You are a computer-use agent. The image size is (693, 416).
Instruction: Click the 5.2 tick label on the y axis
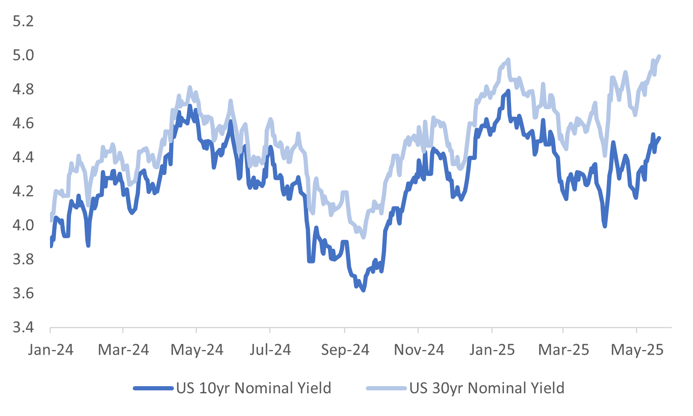coord(23,21)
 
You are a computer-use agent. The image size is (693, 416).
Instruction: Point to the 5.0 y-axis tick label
coord(23,55)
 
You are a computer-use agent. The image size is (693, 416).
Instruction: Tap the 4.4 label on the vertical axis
coord(23,157)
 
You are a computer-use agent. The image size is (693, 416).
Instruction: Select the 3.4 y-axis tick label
coord(23,327)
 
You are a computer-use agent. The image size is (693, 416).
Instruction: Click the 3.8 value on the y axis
coord(23,259)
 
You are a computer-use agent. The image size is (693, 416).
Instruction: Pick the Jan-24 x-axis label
coord(50,350)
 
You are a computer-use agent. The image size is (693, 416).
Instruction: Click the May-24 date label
coord(197,350)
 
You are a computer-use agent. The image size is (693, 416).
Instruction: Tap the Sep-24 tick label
coord(345,350)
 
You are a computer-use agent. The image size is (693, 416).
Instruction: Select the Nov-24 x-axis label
coord(419,350)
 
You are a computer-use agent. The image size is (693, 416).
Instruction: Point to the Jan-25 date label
coord(492,350)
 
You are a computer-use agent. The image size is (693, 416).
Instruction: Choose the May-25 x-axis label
coord(637,350)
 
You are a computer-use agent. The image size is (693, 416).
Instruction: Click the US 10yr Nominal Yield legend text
coord(254,388)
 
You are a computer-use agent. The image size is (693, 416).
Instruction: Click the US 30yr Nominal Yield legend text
coord(487,388)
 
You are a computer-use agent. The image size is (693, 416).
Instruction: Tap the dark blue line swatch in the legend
coord(153,388)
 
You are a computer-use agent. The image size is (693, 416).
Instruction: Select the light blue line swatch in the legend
coord(386,388)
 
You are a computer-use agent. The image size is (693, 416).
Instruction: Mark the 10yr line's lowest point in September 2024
coord(363,290)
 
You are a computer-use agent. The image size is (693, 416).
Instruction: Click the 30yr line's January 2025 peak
coord(508,60)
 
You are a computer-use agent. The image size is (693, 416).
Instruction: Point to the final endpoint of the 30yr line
coord(659,56)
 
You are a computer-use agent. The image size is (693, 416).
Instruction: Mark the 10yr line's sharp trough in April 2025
coord(605,226)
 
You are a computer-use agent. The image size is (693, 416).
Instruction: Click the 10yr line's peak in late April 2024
coord(190,105)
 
